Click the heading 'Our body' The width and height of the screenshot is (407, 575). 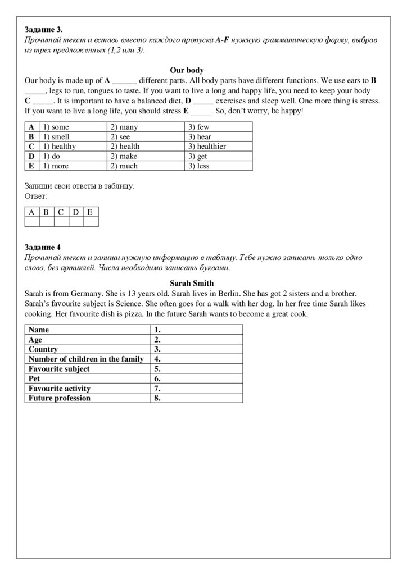[x=187, y=70]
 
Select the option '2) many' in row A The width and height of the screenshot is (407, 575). [x=124, y=127]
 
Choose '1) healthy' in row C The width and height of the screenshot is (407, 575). [x=59, y=146]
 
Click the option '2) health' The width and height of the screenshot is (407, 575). [x=125, y=146]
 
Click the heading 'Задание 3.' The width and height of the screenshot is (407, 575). [x=44, y=29]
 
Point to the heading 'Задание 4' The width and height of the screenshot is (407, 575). [x=43, y=247]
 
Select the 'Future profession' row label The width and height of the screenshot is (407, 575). [x=60, y=398]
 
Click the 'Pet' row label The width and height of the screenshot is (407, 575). [x=35, y=378]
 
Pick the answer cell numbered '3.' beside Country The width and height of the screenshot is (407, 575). [x=197, y=349]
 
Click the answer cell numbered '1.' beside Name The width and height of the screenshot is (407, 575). [x=197, y=330]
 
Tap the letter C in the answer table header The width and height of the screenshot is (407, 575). [x=61, y=212]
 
